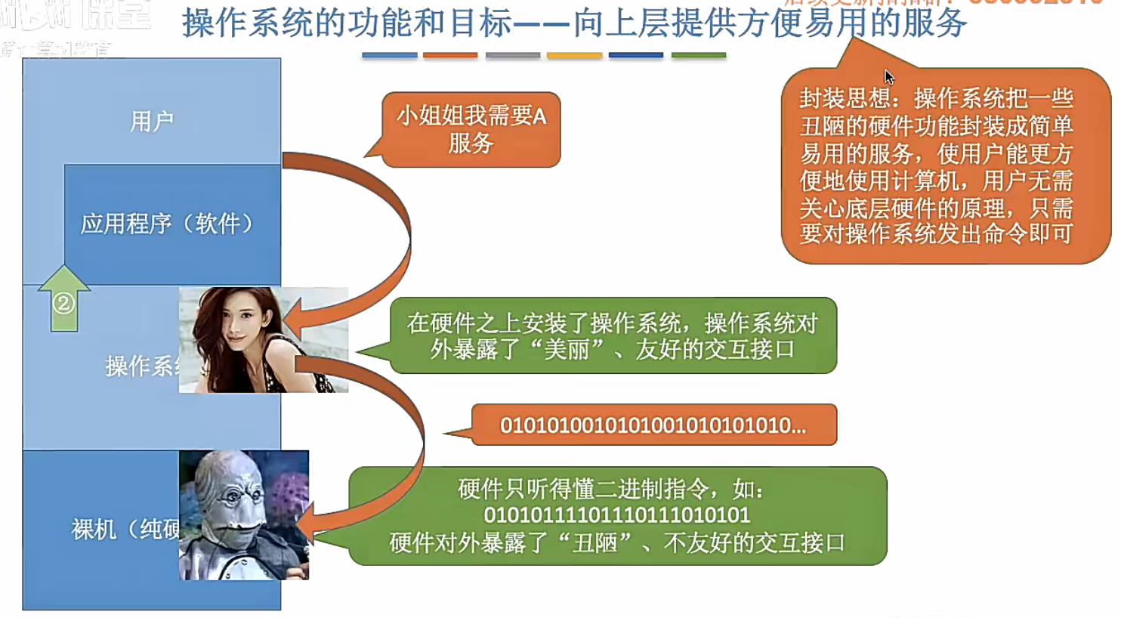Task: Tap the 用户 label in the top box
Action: [x=152, y=121]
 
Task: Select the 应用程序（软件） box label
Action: [x=166, y=224]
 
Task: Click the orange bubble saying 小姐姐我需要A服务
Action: [x=471, y=129]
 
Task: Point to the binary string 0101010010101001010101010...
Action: [x=653, y=425]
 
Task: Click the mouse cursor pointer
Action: [x=889, y=77]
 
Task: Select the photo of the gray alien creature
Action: [x=243, y=515]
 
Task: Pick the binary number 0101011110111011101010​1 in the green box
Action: [x=616, y=515]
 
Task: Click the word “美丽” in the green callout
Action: [x=567, y=350]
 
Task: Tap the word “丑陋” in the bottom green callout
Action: [x=594, y=542]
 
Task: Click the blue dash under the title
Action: [x=389, y=55]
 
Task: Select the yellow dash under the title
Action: [x=574, y=55]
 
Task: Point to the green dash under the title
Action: [x=698, y=55]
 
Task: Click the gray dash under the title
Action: [x=512, y=55]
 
